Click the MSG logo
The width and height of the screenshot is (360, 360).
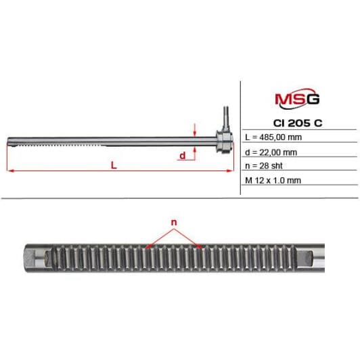pyautogui.click(x=297, y=98)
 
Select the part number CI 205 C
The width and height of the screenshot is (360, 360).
pyautogui.click(x=298, y=123)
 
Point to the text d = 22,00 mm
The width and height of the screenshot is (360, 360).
pyautogui.click(x=271, y=152)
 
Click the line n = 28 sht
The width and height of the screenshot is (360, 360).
pyautogui.click(x=264, y=166)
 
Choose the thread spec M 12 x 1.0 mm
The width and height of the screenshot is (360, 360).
pyautogui.click(x=273, y=181)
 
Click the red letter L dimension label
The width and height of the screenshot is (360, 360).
pyautogui.click(x=114, y=165)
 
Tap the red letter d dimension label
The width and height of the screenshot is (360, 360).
pyautogui.click(x=182, y=156)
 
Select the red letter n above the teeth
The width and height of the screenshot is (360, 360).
pyautogui.click(x=175, y=222)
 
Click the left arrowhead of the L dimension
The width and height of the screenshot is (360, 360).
pyautogui.click(x=10, y=171)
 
